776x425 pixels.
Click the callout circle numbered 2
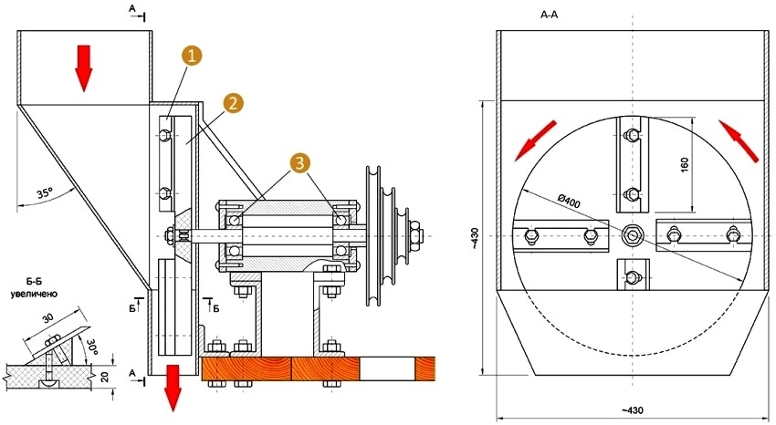coord(232,102)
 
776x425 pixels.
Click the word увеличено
coord(34,295)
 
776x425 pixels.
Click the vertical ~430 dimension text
coord(473,238)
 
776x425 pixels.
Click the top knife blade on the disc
coord(631,164)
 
